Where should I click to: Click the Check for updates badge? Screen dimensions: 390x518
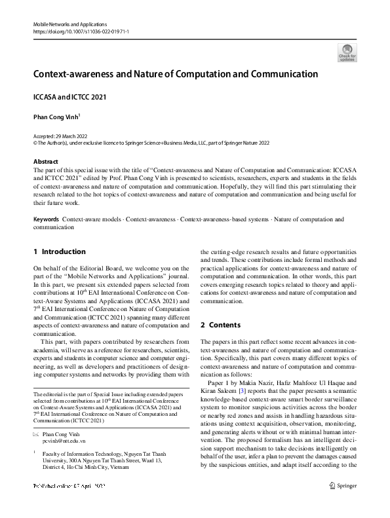(x=347, y=52)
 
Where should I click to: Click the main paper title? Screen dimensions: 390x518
(x=176, y=74)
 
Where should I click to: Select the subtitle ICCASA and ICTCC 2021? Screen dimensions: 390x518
(x=69, y=97)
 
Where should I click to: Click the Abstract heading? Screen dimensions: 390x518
(x=46, y=160)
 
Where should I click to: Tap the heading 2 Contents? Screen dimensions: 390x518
(x=220, y=325)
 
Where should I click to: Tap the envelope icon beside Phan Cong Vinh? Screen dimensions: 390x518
(x=36, y=435)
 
